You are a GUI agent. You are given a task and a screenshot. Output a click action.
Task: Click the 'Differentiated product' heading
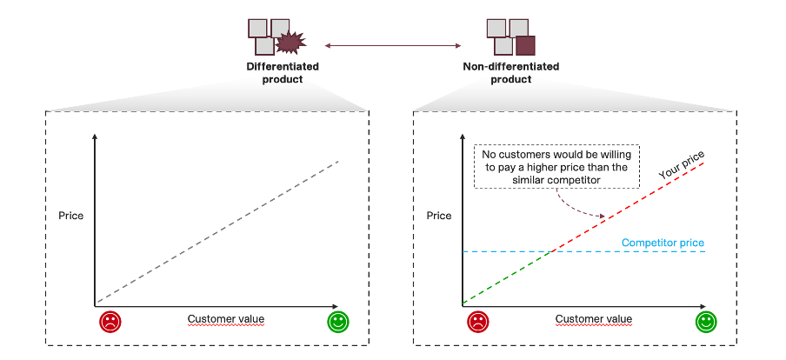[x=283, y=72]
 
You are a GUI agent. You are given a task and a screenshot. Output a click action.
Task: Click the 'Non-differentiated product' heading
[x=511, y=72]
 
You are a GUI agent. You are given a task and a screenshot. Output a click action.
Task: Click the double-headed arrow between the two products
[x=392, y=43]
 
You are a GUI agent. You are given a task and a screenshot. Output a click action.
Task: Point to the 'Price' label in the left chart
[x=71, y=215]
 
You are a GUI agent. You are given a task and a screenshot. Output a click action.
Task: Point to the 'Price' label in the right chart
[x=440, y=215]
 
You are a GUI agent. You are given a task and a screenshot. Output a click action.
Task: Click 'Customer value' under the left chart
[x=226, y=319]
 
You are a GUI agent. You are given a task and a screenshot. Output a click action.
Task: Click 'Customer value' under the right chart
[x=594, y=319]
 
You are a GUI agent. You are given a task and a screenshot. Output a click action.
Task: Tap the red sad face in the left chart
[x=110, y=322]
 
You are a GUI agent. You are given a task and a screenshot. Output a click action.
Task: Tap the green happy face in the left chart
[x=337, y=322]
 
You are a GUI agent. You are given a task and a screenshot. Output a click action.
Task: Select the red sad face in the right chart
[x=478, y=322]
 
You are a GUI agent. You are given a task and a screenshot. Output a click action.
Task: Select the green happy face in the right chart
[x=706, y=322]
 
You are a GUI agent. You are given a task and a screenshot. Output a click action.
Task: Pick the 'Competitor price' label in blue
[x=663, y=243]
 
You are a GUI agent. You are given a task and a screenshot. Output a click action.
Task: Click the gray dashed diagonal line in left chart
[x=217, y=230]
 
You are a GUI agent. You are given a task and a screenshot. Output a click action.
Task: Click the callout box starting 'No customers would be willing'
[x=556, y=166]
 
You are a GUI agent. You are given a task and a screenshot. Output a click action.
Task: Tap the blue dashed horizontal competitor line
[x=626, y=251]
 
